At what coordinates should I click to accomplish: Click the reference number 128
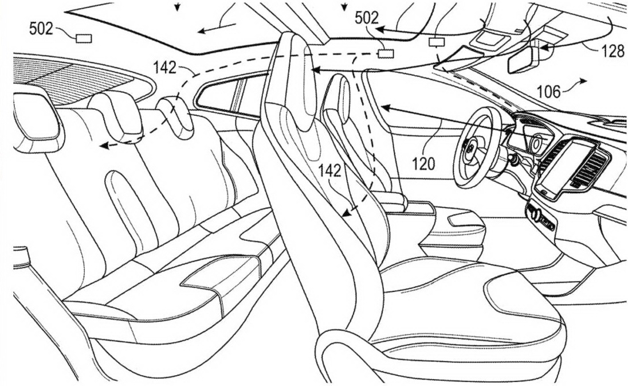613,51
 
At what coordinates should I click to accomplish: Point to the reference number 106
549,91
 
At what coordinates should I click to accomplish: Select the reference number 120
424,163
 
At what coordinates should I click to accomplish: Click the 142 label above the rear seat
164,68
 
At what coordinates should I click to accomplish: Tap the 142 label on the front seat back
329,171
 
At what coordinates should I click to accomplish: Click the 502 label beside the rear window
41,29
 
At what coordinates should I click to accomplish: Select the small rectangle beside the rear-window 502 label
84,38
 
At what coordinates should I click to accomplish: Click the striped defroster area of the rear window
72,79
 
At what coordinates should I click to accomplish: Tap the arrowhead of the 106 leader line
583,81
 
